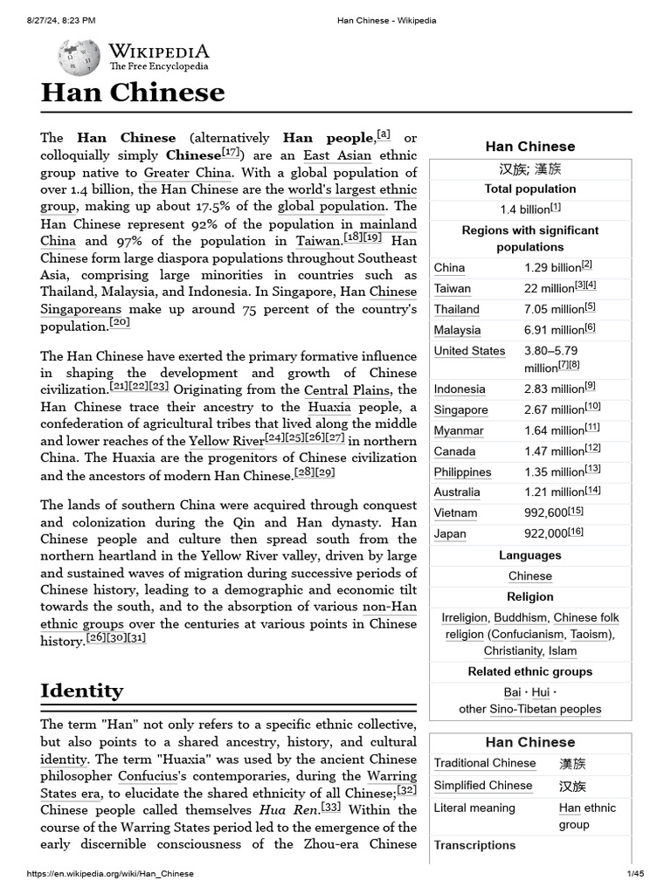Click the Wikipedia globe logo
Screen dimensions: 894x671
tap(79, 58)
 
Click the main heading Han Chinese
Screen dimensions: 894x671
tap(133, 93)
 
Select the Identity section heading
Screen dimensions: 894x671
tap(82, 691)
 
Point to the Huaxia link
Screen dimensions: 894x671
tap(329, 407)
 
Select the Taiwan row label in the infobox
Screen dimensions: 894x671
tap(453, 288)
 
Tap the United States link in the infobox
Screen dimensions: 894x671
tap(469, 351)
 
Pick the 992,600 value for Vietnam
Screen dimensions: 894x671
tap(545, 513)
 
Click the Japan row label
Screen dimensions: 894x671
tap(450, 534)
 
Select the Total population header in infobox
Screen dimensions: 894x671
tap(530, 189)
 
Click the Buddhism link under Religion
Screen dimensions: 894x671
tap(521, 617)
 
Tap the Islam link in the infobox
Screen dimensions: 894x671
tap(563, 650)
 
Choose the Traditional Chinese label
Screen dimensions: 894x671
tap(485, 763)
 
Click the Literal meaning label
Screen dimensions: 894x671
tap(474, 808)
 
